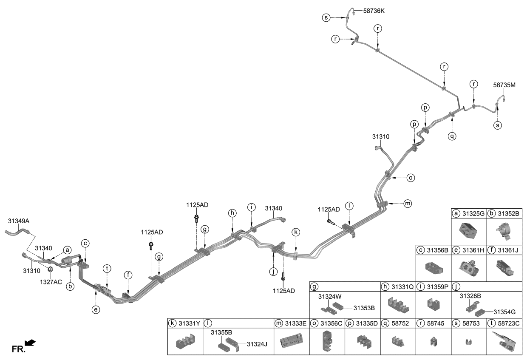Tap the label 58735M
tap(504, 85)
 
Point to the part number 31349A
tap(19, 221)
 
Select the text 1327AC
tap(51, 281)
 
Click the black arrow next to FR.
tap(31, 343)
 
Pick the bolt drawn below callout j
tap(283, 278)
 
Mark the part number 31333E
tap(296, 323)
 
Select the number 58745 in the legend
tap(436, 323)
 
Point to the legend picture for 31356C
tap(327, 341)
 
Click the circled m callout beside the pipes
tap(407, 204)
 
